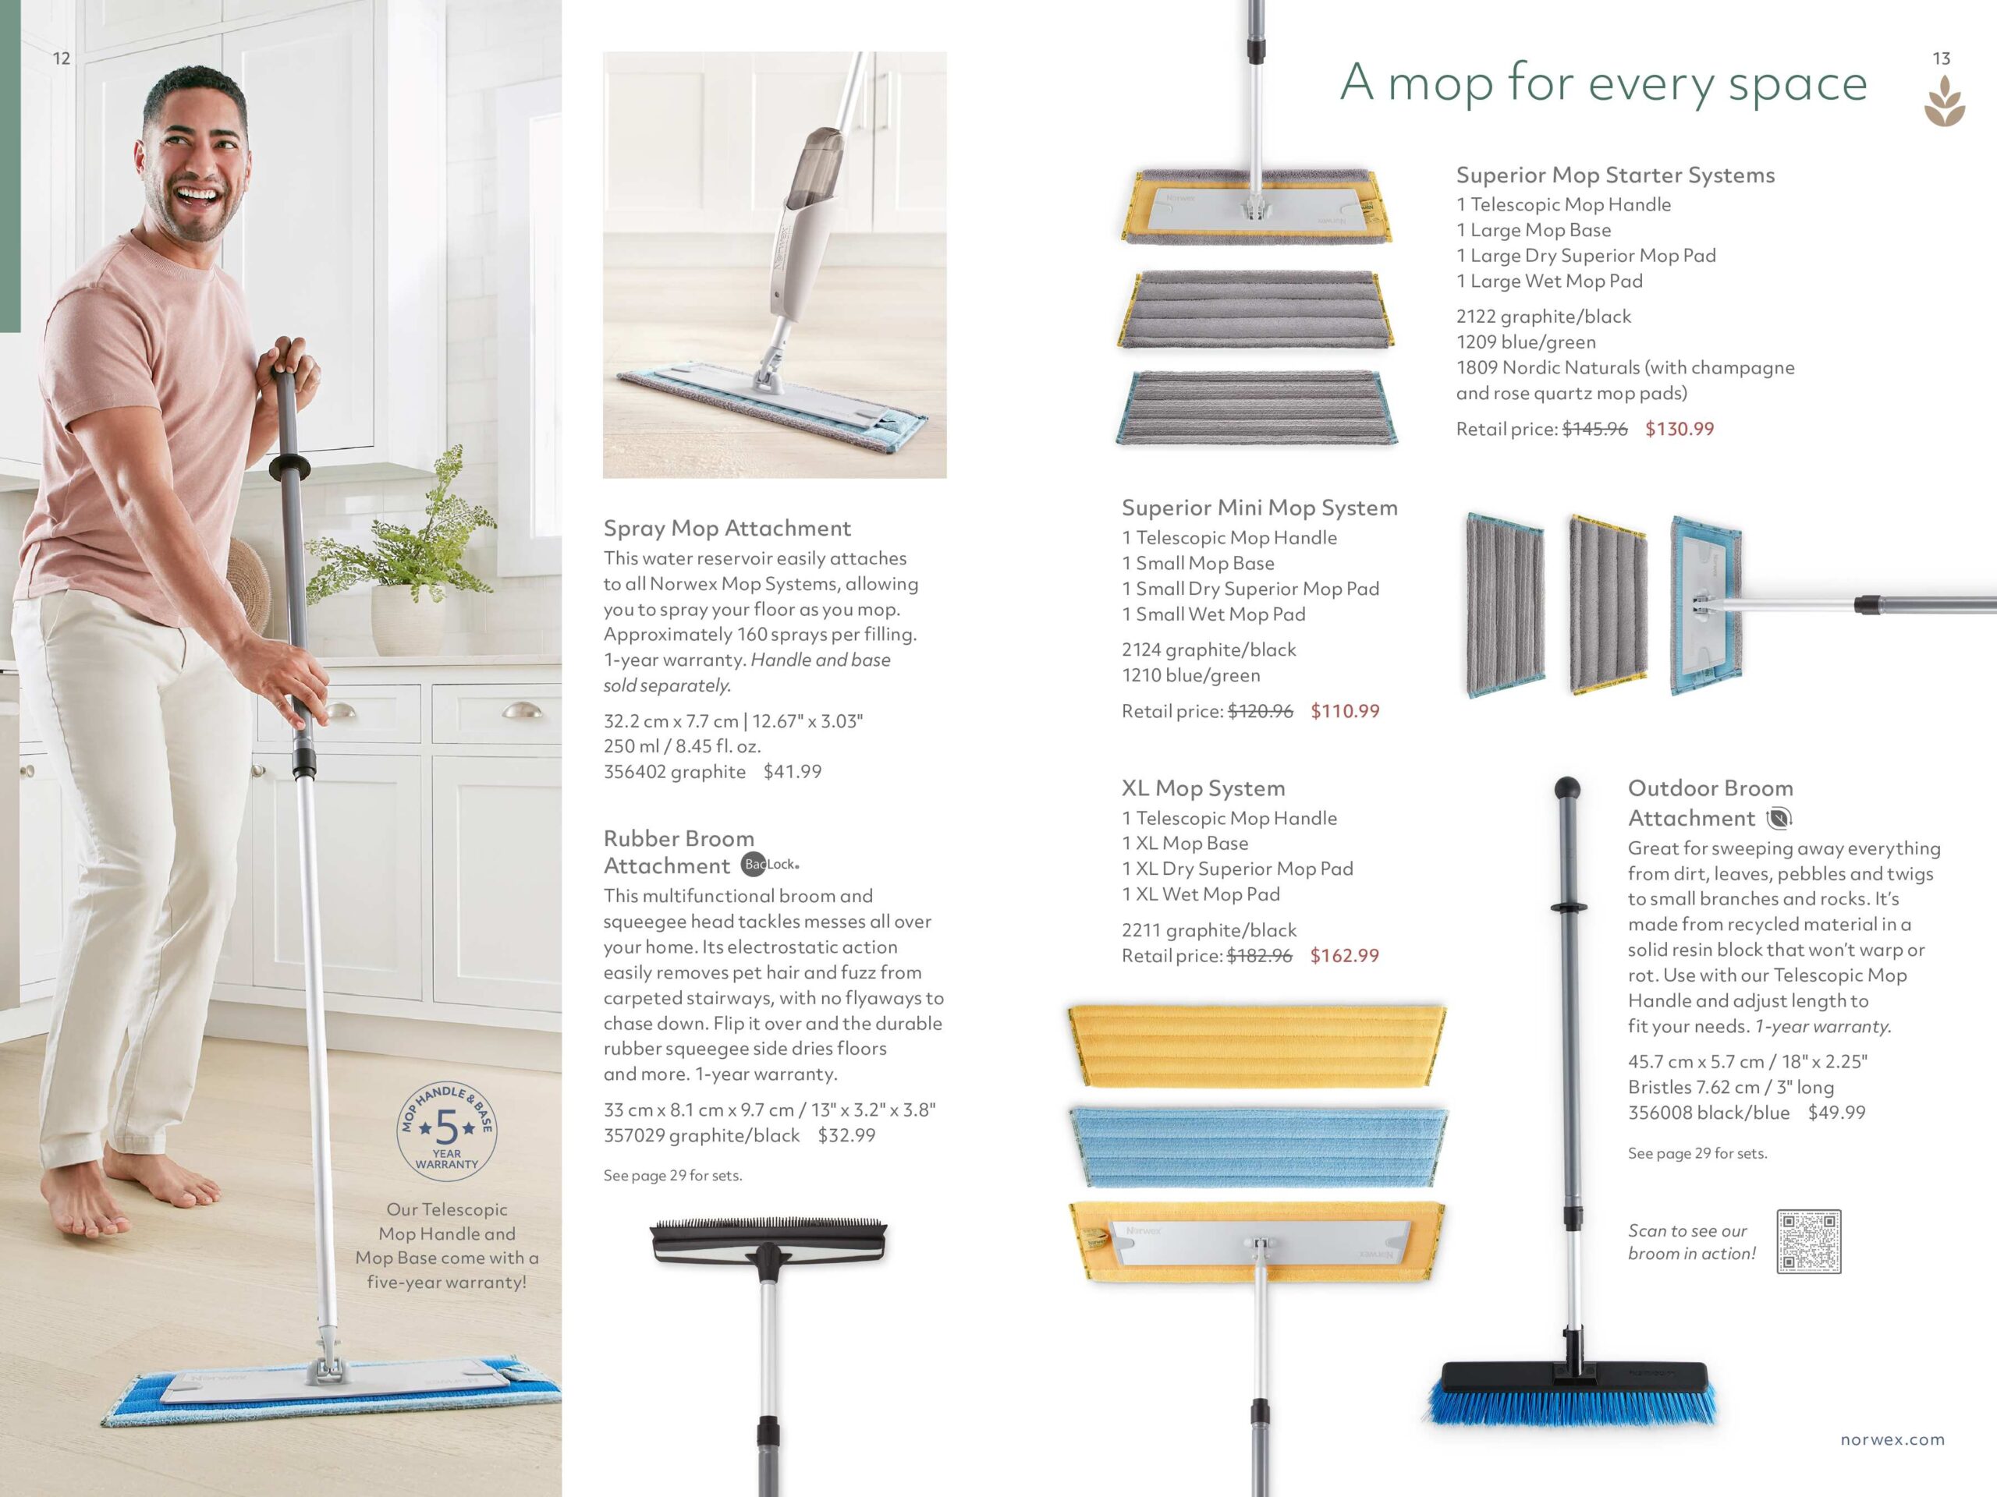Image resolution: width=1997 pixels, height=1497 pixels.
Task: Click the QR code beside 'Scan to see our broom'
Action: [1808, 1241]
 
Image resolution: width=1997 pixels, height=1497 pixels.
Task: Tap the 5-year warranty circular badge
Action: [447, 1131]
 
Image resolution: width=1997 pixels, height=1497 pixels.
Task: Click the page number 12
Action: [62, 58]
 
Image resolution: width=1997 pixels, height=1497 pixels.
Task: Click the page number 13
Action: [1941, 58]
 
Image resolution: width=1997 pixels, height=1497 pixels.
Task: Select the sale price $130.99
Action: [1680, 429]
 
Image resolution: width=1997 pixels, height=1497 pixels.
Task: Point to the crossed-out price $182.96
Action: [1259, 956]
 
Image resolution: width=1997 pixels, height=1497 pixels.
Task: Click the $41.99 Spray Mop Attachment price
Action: [792, 772]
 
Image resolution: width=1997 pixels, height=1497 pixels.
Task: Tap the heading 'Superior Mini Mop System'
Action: [1259, 508]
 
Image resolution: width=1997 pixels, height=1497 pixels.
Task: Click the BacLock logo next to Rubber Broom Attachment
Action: [769, 865]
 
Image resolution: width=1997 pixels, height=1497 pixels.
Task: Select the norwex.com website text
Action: [1892, 1439]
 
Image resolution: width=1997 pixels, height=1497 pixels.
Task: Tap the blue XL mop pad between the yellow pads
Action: [1257, 1146]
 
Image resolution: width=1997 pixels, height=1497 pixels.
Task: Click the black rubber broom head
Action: [768, 1240]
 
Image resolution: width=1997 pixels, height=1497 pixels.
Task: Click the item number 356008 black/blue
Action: [1708, 1113]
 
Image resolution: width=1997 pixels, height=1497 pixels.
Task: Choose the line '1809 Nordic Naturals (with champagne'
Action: [1625, 367]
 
